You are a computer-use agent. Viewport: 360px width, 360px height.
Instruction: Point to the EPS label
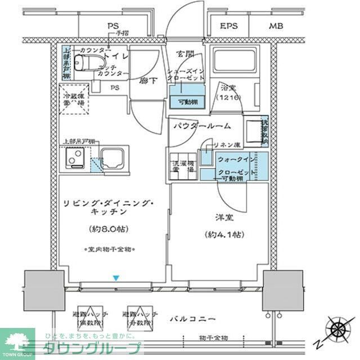[228, 26]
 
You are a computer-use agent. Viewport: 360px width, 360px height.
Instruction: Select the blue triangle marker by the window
[116, 277]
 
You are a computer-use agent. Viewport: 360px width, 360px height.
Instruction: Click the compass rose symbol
[339, 328]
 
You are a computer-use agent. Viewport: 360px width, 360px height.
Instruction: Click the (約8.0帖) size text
[110, 229]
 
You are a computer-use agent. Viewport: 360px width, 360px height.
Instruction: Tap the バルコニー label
[192, 319]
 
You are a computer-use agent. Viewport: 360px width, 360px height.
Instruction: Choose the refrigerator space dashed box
[74, 100]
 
